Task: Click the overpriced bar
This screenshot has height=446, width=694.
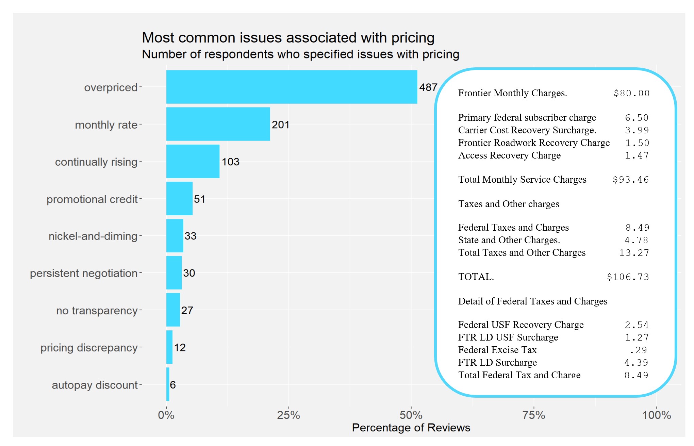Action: [x=292, y=87]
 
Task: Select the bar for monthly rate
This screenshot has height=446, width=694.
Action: [x=218, y=124]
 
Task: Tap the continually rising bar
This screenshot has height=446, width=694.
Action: [x=193, y=161]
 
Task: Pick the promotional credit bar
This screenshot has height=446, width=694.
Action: [x=179, y=198]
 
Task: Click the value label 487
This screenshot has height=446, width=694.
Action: [x=428, y=87]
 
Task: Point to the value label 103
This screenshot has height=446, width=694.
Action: [x=230, y=162]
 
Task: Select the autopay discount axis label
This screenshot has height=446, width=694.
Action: [x=95, y=385]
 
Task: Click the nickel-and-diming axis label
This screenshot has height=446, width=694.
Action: [x=93, y=236]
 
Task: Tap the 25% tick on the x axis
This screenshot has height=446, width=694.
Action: [x=288, y=415]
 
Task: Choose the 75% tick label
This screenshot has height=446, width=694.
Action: [x=534, y=415]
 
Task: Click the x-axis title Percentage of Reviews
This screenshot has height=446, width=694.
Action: [x=411, y=428]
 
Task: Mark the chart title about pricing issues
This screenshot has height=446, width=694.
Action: [x=288, y=38]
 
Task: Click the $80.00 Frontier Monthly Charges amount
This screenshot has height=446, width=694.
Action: [x=631, y=93]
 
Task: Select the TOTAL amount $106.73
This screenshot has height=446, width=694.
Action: [x=628, y=277]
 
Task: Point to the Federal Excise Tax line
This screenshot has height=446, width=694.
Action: [x=497, y=350]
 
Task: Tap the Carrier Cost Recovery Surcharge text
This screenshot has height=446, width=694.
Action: [x=527, y=130]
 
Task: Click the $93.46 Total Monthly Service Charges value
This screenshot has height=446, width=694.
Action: [x=631, y=180]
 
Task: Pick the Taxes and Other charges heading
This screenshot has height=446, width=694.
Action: [x=509, y=204]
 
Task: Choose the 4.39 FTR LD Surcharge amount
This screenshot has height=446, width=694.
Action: [x=636, y=363]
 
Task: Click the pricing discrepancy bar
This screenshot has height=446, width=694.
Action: [x=169, y=347]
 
